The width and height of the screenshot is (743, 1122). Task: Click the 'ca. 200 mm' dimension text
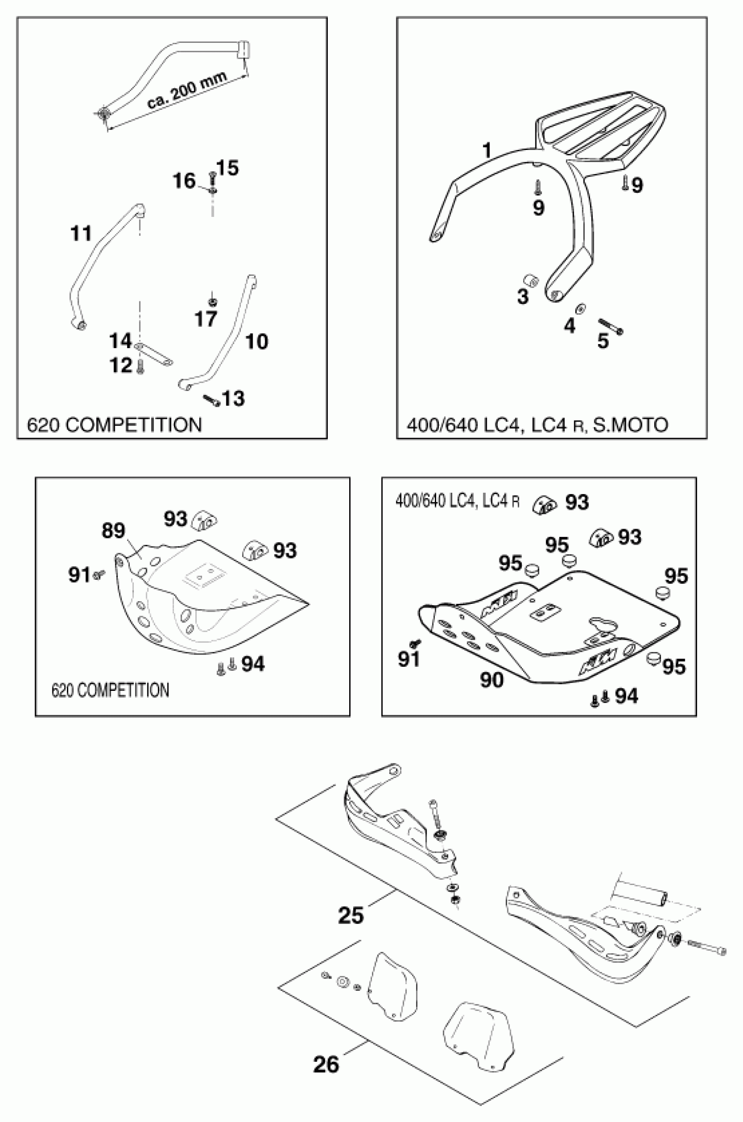(187, 90)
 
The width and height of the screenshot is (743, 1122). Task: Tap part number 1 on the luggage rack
(486, 150)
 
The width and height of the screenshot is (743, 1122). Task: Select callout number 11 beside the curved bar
(80, 233)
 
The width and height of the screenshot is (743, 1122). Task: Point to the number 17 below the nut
(206, 319)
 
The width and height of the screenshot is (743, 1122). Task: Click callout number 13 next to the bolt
(233, 399)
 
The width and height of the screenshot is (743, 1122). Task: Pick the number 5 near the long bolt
(603, 341)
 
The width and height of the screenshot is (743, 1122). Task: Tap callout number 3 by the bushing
(523, 297)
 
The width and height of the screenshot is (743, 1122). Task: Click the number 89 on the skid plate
(113, 530)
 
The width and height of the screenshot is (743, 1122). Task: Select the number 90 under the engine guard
(492, 680)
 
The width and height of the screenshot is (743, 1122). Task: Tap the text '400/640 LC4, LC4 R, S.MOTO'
(537, 425)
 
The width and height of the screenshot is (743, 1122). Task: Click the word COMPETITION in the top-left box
(134, 425)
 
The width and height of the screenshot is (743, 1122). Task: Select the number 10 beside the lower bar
(257, 341)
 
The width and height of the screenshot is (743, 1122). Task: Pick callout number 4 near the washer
(569, 326)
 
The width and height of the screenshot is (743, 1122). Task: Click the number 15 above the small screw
(228, 168)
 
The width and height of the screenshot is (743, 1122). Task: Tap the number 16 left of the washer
(184, 181)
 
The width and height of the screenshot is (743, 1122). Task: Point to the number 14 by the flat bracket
(120, 341)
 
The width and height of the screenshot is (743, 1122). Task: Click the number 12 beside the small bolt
(120, 366)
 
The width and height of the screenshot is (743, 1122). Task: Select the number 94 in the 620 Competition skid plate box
(253, 664)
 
